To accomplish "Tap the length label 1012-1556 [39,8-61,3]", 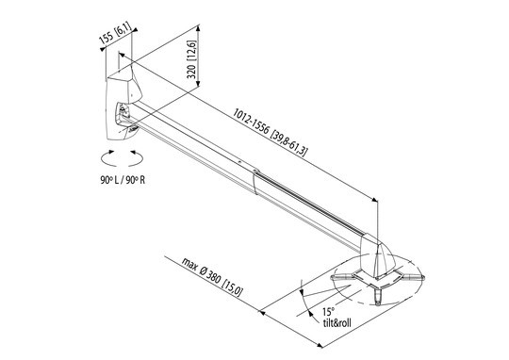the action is [270, 132].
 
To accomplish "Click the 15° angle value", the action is [328, 312].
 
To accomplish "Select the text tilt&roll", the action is [337, 322].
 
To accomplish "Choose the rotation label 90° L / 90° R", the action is [123, 180].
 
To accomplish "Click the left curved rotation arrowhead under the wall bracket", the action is [111, 152].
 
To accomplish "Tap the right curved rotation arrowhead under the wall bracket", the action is [133, 152].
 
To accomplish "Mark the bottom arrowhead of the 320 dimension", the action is [198, 84].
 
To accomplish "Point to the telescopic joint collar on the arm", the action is [256, 182].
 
